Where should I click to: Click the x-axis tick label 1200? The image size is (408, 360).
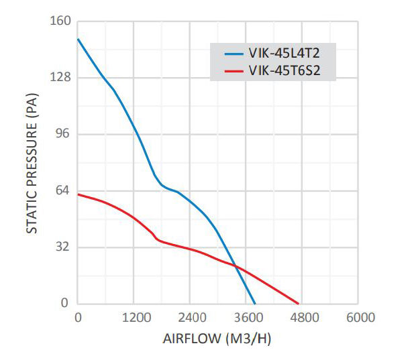click(134, 318)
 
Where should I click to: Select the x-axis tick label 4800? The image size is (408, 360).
click(304, 318)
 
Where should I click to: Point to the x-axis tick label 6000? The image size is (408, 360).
click(360, 318)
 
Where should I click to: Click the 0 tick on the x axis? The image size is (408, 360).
click(78, 318)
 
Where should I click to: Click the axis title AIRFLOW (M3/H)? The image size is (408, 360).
click(217, 339)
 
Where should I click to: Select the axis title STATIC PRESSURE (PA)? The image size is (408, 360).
click(32, 163)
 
